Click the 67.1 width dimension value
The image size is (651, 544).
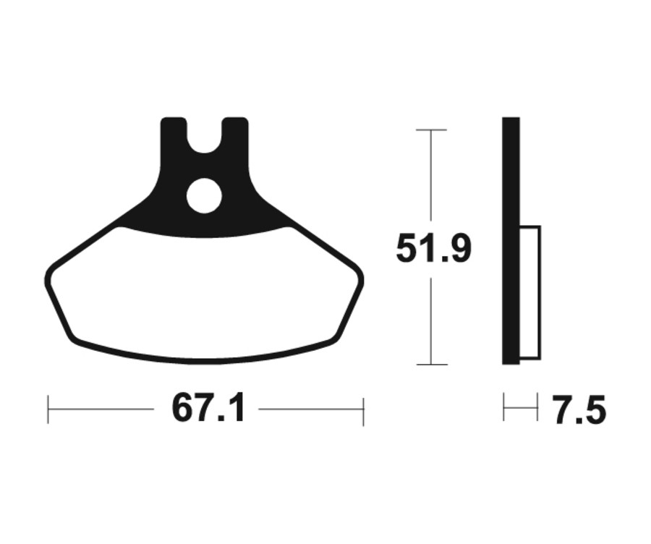(208, 409)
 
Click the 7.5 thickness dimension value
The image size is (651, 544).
(579, 412)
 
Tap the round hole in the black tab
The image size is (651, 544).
(203, 195)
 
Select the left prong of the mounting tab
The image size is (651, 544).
(174, 134)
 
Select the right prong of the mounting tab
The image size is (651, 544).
(234, 134)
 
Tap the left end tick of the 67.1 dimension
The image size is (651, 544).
(48, 409)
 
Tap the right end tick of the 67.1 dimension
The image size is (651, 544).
(363, 410)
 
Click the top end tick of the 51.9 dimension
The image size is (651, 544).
(431, 130)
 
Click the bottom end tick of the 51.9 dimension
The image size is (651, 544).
(431, 365)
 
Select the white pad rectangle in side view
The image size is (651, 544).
(530, 292)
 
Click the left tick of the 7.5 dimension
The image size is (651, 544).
(504, 408)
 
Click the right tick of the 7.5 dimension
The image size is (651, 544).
(537, 408)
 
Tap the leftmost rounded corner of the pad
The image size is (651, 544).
(49, 279)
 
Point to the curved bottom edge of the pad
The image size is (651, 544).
(204, 360)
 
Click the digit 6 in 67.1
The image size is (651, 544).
(182, 409)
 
